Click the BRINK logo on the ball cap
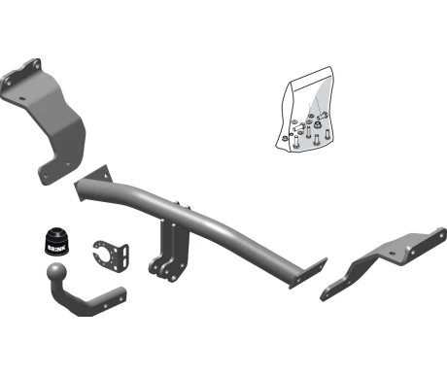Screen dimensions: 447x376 [56, 249]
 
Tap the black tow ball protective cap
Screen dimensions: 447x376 [56, 242]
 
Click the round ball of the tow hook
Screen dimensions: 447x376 [56, 271]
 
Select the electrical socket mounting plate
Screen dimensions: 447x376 [111, 256]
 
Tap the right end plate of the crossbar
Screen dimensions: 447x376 [308, 274]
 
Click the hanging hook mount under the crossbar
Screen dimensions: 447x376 [169, 250]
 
